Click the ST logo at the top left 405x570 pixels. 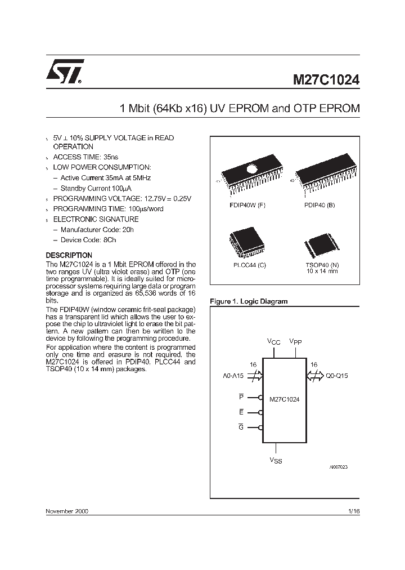65,72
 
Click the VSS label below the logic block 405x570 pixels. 276,461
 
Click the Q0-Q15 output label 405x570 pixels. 337,376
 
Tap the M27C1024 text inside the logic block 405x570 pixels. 284,399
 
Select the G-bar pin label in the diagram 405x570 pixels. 241,427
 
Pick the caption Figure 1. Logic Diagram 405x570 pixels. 248,301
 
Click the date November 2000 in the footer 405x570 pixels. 66,511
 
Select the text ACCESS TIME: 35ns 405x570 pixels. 85,157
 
